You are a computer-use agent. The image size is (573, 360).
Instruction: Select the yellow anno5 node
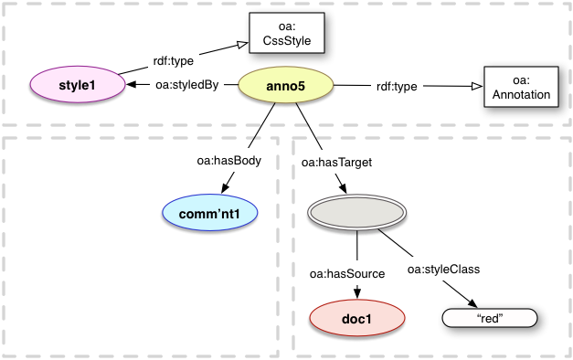[284, 87]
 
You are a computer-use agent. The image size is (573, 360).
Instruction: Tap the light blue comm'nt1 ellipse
[210, 214]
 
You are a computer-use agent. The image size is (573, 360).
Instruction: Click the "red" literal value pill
[492, 318]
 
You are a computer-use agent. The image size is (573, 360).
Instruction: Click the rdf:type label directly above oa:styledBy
[173, 61]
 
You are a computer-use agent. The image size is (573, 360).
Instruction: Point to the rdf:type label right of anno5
[396, 87]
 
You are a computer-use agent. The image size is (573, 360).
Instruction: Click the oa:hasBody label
[228, 160]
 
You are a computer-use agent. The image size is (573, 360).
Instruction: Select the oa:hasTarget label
[337, 162]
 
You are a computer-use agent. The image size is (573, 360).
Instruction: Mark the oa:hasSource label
[346, 272]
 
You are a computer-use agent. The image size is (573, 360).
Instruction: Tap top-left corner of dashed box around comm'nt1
[3, 139]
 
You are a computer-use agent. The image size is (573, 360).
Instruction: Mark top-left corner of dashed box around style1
[3, 3]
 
